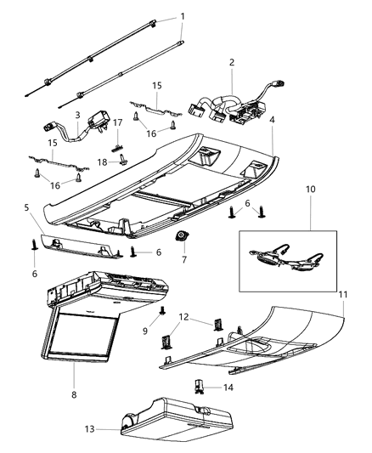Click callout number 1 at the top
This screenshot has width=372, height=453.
point(181,16)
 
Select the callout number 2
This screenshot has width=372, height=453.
point(230,62)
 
